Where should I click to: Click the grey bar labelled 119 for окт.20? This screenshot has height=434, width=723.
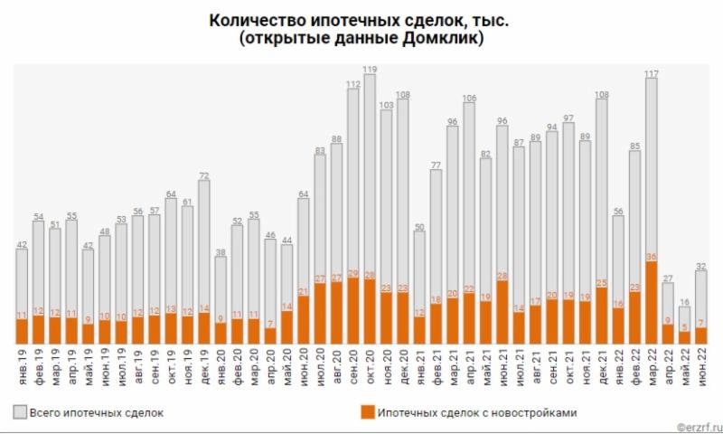[370, 172]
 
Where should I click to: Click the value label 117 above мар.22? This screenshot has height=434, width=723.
[651, 73]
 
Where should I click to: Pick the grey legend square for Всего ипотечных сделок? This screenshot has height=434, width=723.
[20, 412]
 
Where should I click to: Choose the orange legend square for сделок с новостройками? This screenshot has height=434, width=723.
[365, 412]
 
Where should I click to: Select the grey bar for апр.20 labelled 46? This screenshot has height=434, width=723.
[269, 280]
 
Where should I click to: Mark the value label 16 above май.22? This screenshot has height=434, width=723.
[684, 301]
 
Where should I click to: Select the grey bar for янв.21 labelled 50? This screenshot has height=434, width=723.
[419, 271]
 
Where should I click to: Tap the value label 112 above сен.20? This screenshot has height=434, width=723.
[353, 83]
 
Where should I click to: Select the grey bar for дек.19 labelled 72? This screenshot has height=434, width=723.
[204, 244]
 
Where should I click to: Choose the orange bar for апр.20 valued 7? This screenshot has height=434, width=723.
[269, 335]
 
